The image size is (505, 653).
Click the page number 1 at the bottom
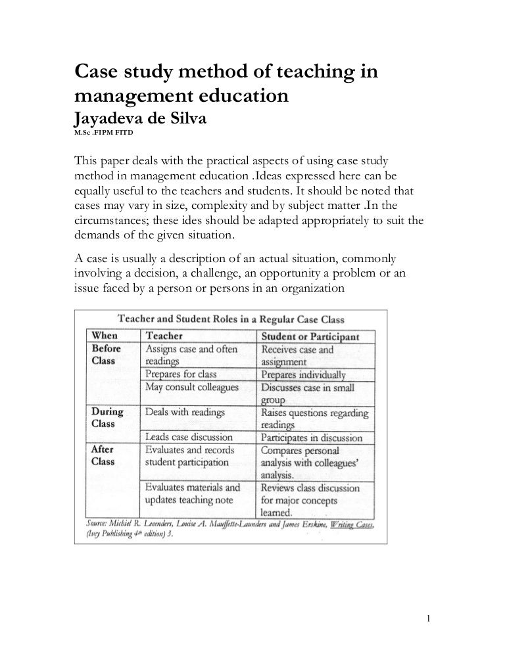[427, 618]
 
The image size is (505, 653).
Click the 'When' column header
[105, 336]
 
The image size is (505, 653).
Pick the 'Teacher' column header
[164, 336]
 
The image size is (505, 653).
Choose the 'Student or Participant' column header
[310, 336]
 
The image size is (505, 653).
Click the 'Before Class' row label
[107, 355]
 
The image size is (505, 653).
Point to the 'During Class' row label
[107, 418]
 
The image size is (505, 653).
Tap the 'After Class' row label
[103, 455]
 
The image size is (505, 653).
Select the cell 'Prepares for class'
[181, 374]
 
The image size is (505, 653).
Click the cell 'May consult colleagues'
[191, 387]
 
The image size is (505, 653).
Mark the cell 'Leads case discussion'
[189, 437]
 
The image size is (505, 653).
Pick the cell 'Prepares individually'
[302, 375]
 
